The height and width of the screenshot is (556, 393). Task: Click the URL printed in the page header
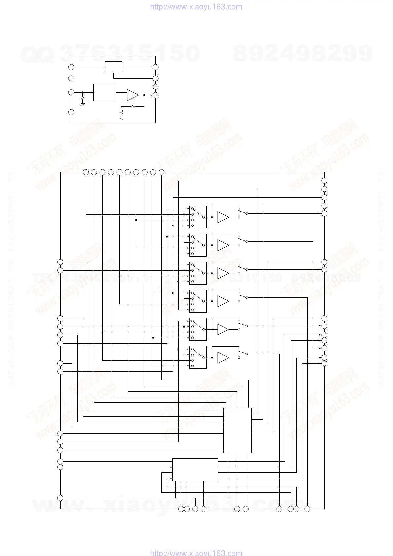tap(196, 7)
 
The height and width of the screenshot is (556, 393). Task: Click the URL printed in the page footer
tap(196, 553)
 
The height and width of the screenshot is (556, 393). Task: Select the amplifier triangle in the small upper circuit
tap(132, 95)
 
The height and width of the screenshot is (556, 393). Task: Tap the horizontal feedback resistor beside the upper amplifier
tap(133, 106)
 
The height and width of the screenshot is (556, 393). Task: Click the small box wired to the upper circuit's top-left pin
tap(113, 67)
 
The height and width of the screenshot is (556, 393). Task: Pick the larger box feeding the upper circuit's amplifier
tap(105, 92)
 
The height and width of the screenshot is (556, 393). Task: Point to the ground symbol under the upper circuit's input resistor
tap(82, 104)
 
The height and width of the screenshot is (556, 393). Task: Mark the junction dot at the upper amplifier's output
tap(144, 95)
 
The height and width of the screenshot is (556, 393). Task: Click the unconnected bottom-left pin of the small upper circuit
tap(71, 112)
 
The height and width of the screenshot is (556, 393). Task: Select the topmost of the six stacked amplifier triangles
tap(223, 217)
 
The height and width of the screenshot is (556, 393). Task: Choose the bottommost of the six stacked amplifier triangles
tap(223, 358)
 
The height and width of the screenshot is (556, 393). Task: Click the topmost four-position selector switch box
tap(198, 217)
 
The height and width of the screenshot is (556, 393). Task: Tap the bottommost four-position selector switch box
tap(198, 358)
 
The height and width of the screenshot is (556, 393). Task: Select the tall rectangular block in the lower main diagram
tap(237, 430)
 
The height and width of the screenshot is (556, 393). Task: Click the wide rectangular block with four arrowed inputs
tap(195, 469)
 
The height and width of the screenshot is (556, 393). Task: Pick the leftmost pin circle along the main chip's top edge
tap(86, 172)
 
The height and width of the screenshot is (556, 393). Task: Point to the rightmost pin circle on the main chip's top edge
tap(161, 172)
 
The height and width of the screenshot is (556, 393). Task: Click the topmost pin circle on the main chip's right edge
tap(324, 181)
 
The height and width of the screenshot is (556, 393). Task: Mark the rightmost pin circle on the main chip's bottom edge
tap(307, 509)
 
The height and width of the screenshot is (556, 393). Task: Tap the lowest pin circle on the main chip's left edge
tap(60, 498)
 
